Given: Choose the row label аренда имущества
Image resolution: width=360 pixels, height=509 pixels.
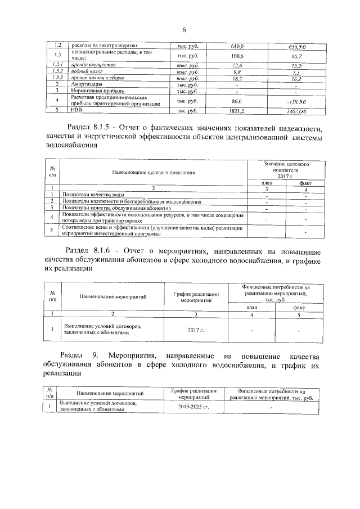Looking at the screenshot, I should [90, 66].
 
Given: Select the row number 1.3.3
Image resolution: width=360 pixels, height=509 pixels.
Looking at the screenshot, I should [56, 78].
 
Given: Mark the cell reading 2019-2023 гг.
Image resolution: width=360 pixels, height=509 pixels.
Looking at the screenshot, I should [193, 406].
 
